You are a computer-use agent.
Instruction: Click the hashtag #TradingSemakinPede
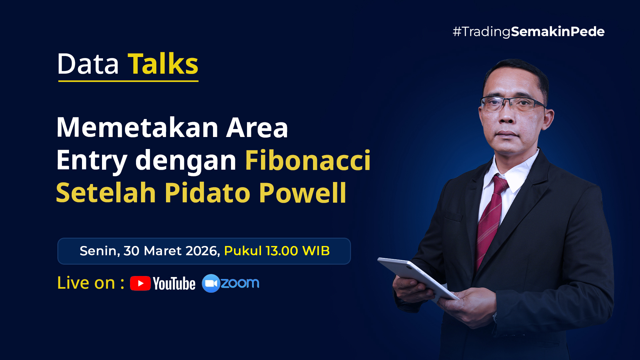coord(529,32)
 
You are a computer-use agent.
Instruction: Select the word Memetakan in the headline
coord(137,127)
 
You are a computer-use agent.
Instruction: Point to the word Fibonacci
coord(308,160)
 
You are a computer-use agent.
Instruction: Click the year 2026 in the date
coord(202,251)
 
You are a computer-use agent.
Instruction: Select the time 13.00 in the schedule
coord(282,251)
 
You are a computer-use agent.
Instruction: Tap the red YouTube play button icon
coord(140,283)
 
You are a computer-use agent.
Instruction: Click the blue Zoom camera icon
coord(211,283)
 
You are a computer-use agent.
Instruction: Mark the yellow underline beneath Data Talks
coord(128,81)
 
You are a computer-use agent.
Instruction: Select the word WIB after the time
coord(316,251)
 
